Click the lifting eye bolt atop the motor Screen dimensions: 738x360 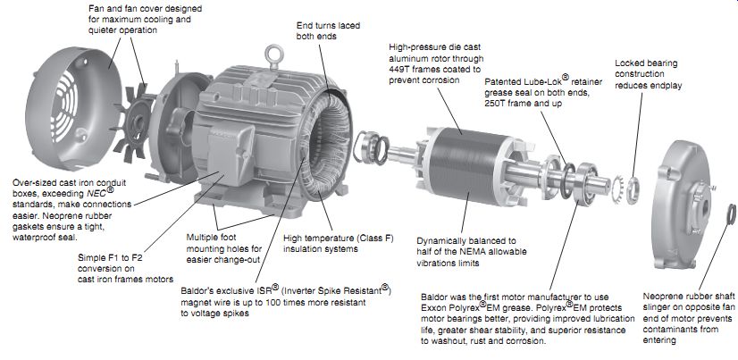click(x=273, y=55)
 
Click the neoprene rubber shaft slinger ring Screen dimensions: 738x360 click(x=731, y=214)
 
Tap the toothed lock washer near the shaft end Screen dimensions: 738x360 click(x=618, y=189)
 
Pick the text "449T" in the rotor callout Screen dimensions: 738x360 click(x=400, y=69)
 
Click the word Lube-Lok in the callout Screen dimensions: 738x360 click(x=543, y=81)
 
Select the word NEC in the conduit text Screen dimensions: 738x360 click(x=96, y=193)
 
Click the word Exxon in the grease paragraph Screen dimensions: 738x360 click(x=434, y=308)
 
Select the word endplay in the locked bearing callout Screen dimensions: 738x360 click(x=666, y=86)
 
